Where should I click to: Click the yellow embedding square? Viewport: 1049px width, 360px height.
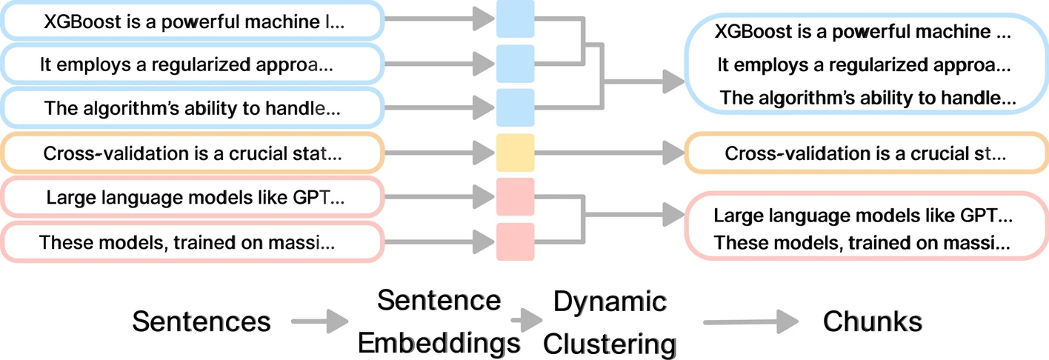click(515, 153)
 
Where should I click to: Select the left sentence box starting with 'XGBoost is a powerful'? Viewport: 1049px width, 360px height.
click(192, 21)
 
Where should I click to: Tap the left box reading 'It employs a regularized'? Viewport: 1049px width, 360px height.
click(192, 65)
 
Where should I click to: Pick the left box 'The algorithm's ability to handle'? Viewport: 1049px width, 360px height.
click(192, 109)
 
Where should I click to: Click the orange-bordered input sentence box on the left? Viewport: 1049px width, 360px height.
click(192, 153)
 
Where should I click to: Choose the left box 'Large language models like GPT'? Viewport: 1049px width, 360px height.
click(192, 198)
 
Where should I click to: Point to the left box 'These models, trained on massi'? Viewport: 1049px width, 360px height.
click(192, 241)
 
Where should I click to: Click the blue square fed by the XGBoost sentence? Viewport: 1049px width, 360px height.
click(515, 20)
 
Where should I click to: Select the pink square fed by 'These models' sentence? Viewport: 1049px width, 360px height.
click(515, 241)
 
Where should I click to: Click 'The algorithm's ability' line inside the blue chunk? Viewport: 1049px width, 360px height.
click(867, 98)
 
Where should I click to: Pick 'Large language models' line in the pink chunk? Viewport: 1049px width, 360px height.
click(862, 216)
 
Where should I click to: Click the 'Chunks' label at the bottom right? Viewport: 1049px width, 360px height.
click(872, 321)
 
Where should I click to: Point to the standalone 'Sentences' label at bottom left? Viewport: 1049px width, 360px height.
click(201, 321)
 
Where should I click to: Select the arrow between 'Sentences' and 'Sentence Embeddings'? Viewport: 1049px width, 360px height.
click(319, 321)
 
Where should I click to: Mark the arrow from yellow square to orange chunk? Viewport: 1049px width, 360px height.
click(607, 153)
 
